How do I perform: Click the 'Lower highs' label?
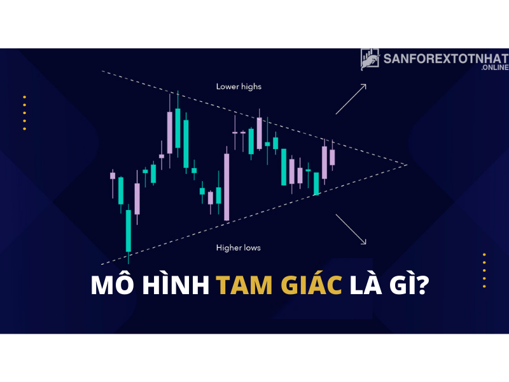tap(239, 87)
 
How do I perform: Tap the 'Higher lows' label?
tap(238, 248)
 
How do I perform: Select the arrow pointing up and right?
tap(351, 99)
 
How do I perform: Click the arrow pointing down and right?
tap(351, 229)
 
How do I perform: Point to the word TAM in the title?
tap(244, 285)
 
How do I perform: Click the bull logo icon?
tap(370, 59)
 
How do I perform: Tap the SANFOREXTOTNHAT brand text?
tap(446, 59)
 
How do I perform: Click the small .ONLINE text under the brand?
tap(495, 67)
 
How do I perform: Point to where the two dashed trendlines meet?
tap(407, 165)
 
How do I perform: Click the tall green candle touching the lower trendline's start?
tap(129, 234)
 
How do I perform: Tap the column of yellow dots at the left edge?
tap(24, 113)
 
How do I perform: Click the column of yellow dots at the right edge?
tap(484, 271)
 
